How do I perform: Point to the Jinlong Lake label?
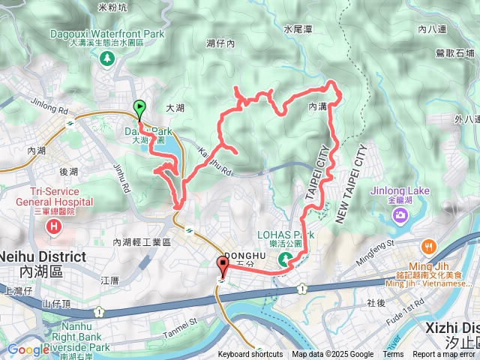(400, 190)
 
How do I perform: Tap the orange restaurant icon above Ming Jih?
(428, 246)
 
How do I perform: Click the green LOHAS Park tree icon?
(285, 259)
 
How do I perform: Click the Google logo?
(28, 349)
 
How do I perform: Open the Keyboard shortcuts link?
(250, 355)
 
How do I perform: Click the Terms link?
(393, 355)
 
